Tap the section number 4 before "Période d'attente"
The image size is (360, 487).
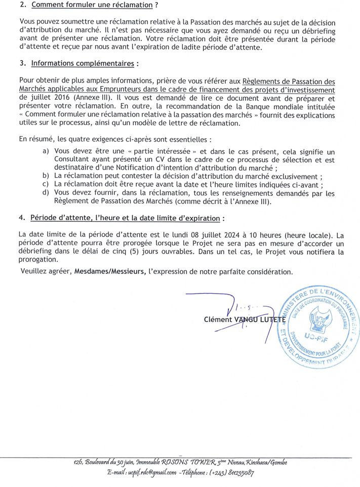click(x=21, y=218)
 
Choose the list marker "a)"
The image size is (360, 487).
click(x=46, y=151)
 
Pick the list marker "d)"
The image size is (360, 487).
click(x=46, y=193)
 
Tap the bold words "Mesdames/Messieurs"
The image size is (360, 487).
click(x=107, y=271)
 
